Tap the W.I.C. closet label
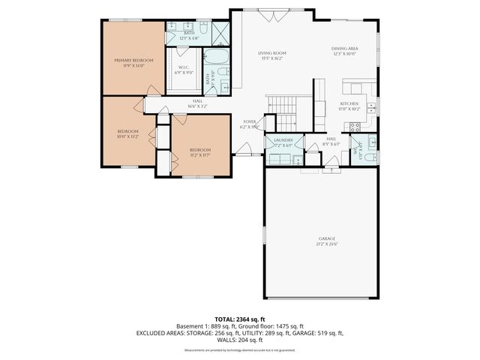(x=182, y=68)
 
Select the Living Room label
(x=273, y=53)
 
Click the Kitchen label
(x=349, y=103)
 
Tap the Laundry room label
(x=283, y=140)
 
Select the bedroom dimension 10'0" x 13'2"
(x=128, y=137)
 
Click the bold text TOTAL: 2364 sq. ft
(x=239, y=319)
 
